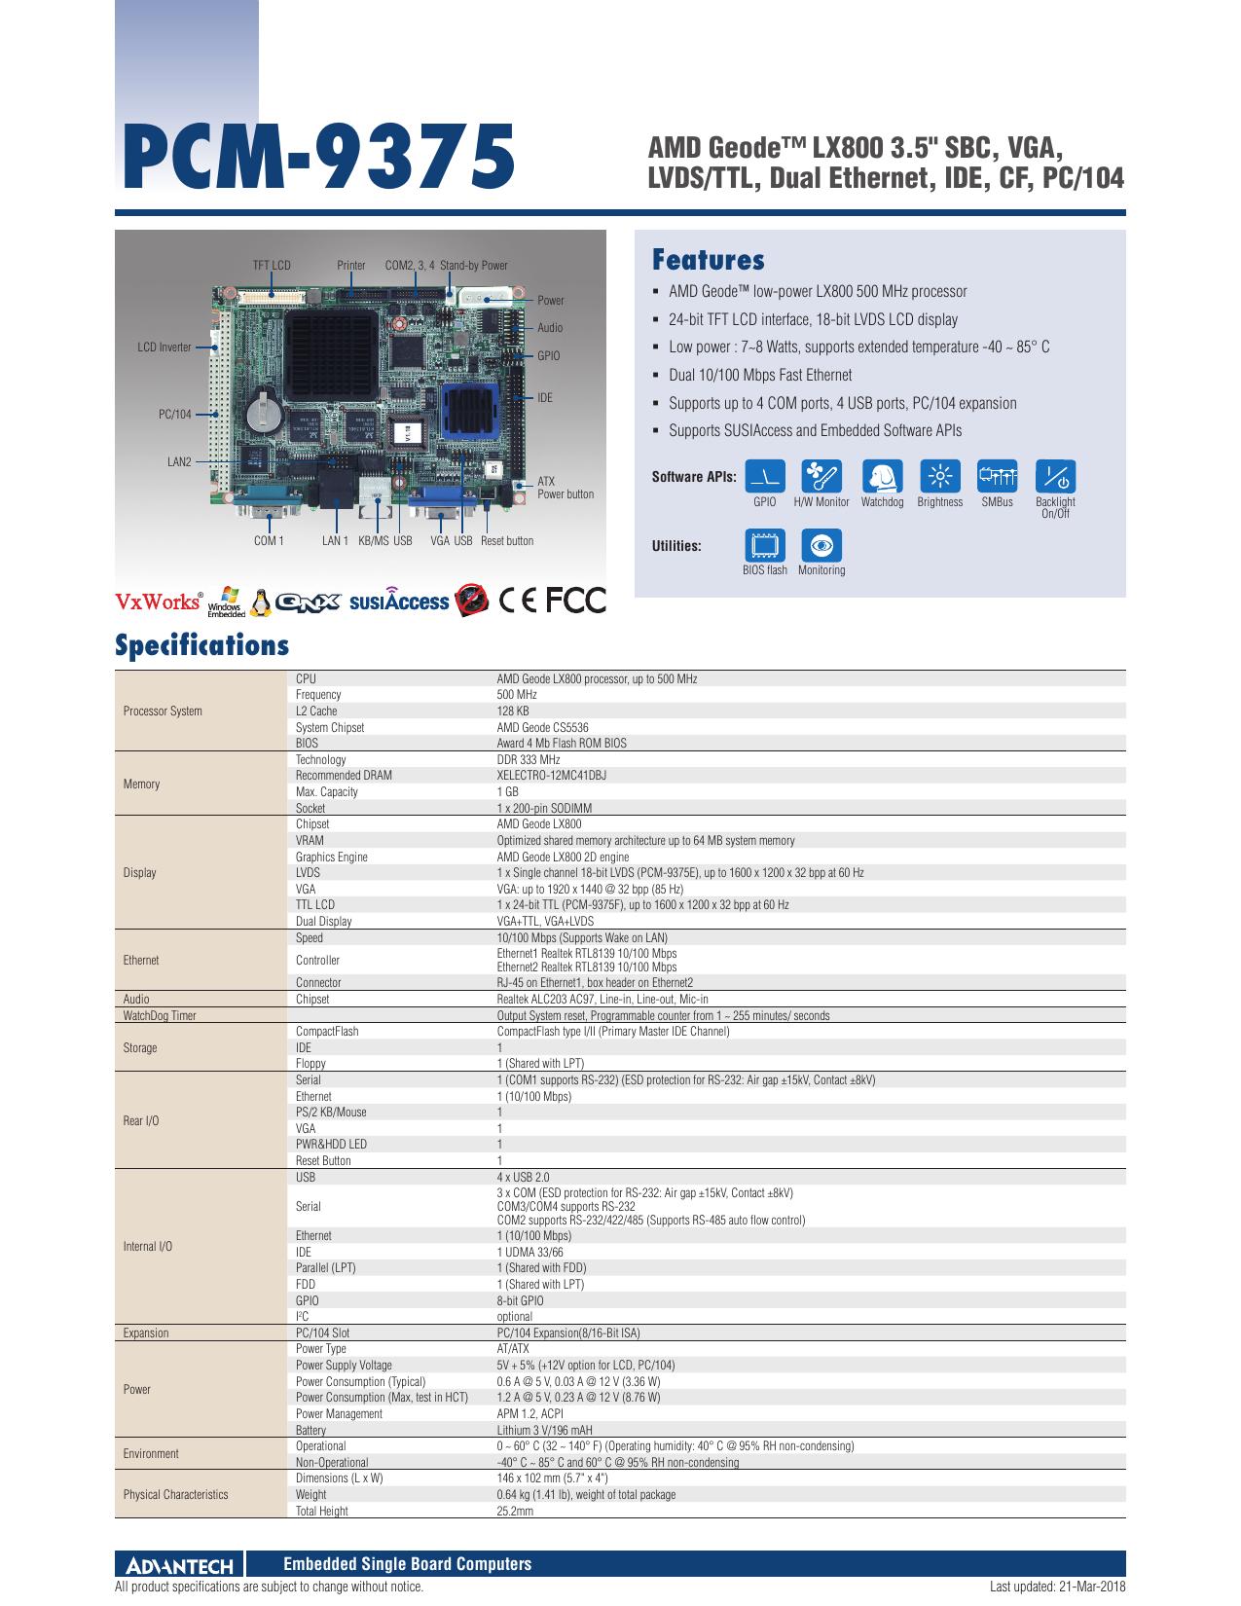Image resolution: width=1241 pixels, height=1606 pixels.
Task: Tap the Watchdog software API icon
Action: click(x=882, y=476)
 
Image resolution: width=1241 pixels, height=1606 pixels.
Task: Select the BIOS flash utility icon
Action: click(x=764, y=545)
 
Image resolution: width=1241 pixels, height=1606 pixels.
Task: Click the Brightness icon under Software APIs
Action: click(x=939, y=476)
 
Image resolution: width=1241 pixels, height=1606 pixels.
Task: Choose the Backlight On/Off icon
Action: click(x=1055, y=476)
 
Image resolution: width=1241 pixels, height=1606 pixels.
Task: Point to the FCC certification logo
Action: click(x=576, y=601)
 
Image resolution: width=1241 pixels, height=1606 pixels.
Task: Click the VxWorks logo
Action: click(x=159, y=601)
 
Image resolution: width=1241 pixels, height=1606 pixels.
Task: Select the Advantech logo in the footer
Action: click(x=180, y=1564)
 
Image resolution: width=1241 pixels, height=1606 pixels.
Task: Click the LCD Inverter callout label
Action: click(x=164, y=347)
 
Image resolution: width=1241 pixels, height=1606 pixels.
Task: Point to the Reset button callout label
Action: click(x=507, y=541)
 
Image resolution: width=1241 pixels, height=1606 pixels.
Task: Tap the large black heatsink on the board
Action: click(x=332, y=354)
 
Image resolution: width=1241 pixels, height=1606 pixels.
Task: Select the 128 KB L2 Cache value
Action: click(x=513, y=711)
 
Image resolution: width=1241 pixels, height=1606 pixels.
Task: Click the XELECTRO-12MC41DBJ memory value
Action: click(x=551, y=776)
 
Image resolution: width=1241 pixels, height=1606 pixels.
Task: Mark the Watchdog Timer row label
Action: click(x=160, y=1015)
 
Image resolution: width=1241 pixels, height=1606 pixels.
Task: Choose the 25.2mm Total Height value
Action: click(x=515, y=1511)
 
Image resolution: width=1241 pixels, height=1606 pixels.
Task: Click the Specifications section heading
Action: click(x=201, y=644)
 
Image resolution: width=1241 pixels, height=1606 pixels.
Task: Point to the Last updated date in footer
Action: click(x=1058, y=1587)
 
